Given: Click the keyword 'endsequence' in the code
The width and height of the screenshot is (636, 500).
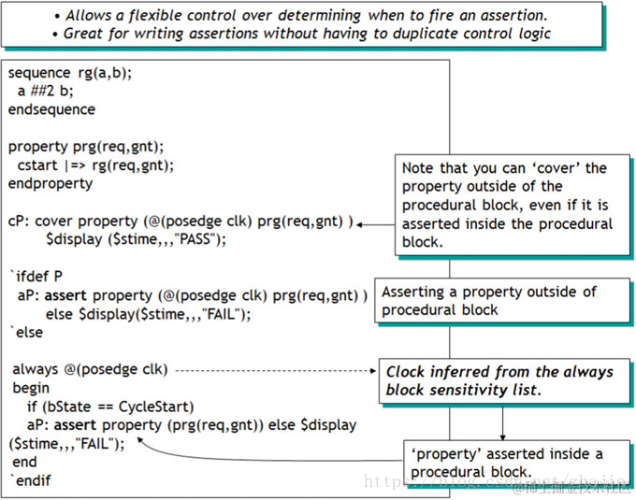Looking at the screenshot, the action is pyautogui.click(x=51, y=109).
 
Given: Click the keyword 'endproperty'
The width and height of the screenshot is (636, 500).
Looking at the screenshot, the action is pyautogui.click(x=51, y=183).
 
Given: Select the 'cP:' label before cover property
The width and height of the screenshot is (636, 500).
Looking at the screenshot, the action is pyautogui.click(x=20, y=221).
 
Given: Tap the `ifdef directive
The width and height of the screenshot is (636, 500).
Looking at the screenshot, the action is pyautogui.click(x=28, y=277).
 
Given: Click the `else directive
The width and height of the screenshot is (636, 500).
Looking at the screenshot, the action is pyautogui.click(x=25, y=332).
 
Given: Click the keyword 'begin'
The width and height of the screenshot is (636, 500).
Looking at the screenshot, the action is pyautogui.click(x=31, y=388).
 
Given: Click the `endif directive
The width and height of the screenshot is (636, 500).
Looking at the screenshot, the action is pyautogui.click(x=30, y=480).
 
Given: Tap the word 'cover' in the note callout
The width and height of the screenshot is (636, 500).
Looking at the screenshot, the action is pyautogui.click(x=558, y=168).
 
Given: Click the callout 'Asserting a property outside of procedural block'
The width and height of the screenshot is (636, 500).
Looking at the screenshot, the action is pyautogui.click(x=488, y=301).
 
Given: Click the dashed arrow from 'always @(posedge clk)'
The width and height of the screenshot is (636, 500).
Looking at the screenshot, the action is pyautogui.click(x=271, y=370).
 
